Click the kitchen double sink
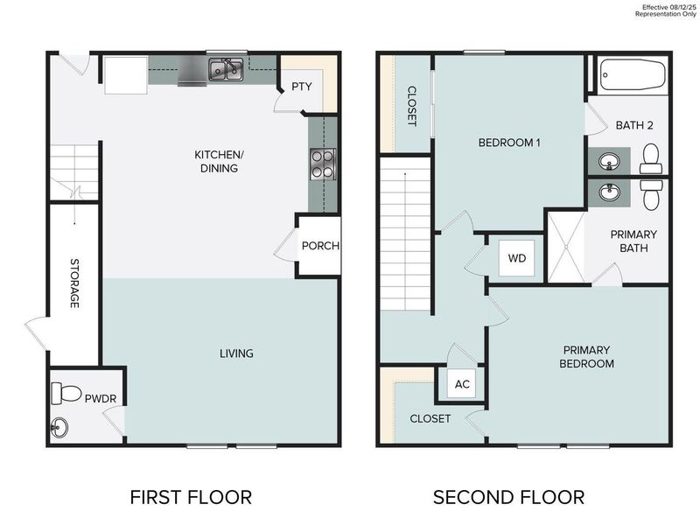coord(226,69)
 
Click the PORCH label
coord(320,246)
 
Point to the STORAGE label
coord(75,282)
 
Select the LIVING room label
coord(236,353)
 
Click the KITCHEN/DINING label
coord(219,161)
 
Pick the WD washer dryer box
coord(517,259)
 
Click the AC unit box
coord(462,385)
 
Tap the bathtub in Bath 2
coord(633,76)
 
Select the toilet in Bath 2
coord(650,160)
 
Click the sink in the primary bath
coord(607,192)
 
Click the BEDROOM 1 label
coord(508,142)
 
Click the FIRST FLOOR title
coord(191,498)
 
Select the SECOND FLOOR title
coord(508,498)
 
